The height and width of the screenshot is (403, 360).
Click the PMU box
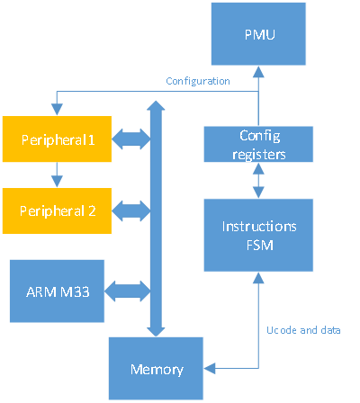tap(258, 34)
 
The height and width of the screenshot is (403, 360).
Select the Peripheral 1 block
tap(57, 139)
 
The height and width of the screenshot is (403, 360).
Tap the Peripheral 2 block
tap(57, 210)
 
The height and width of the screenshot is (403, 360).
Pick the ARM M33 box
tap(57, 291)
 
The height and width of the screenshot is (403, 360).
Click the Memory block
tap(156, 369)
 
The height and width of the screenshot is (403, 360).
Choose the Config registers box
tap(258, 144)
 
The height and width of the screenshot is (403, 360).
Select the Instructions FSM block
tap(258, 235)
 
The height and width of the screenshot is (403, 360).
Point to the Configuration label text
tap(198, 81)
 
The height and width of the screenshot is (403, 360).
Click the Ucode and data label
tap(303, 330)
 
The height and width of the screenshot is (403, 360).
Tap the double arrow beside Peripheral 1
tap(131, 139)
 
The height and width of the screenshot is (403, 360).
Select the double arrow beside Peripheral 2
tap(131, 211)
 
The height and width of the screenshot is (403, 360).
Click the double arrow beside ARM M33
tap(127, 291)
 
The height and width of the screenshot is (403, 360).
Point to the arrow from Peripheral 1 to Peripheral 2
tap(57, 175)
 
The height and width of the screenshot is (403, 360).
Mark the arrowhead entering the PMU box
tap(258, 72)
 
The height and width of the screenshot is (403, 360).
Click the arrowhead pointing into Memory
tap(210, 368)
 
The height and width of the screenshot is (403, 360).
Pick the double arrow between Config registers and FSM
tap(258, 181)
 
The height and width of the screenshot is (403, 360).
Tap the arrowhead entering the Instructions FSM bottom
tap(258, 278)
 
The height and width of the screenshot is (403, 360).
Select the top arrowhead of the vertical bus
tap(156, 105)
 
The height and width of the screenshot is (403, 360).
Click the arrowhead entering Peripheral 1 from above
tap(57, 110)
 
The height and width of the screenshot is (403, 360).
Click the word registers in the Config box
tap(259, 155)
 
